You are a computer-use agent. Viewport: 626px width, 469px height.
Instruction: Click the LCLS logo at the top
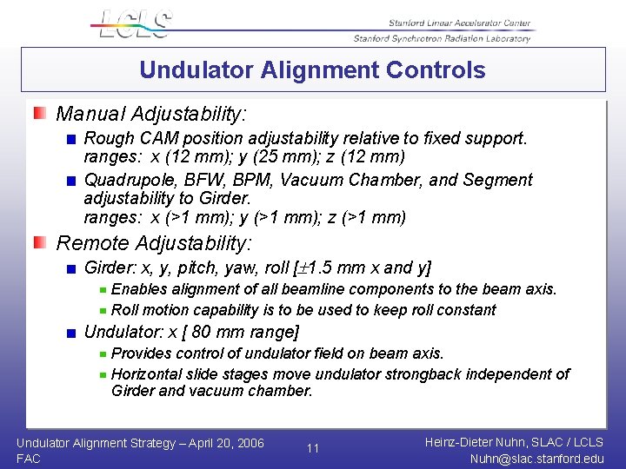[133, 23]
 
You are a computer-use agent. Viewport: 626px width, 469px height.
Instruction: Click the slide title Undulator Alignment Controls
[312, 69]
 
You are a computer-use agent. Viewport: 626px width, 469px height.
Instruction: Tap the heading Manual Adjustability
[151, 114]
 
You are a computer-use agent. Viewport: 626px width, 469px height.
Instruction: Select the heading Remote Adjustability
[154, 243]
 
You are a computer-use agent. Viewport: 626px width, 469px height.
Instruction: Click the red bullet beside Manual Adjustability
[41, 114]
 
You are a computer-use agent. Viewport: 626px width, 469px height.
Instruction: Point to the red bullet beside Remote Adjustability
[41, 243]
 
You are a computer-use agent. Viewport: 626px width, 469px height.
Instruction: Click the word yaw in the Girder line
[241, 268]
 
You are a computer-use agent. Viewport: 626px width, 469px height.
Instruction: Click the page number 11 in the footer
[313, 448]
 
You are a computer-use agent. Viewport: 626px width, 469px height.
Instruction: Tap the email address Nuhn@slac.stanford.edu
[536, 459]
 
